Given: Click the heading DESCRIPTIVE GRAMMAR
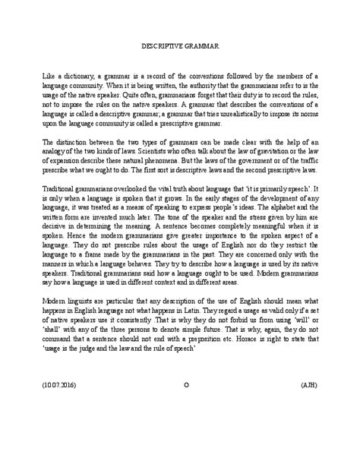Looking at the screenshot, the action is tap(180, 46).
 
